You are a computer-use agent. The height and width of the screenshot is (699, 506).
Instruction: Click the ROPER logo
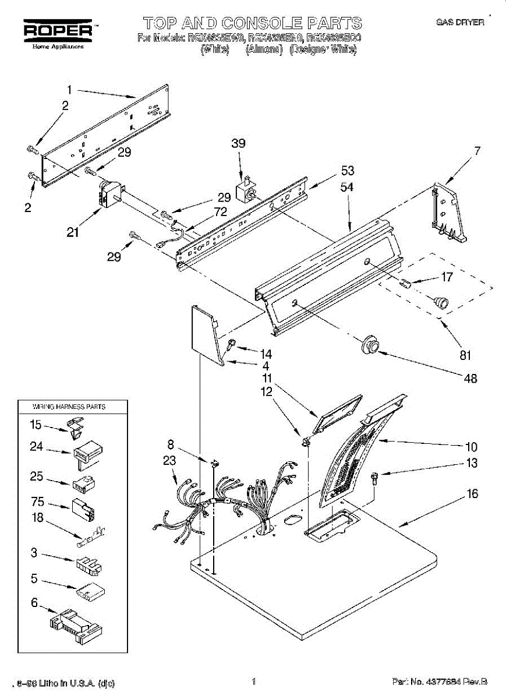coord(57,30)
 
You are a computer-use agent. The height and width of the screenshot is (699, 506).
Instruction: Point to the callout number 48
coord(470,378)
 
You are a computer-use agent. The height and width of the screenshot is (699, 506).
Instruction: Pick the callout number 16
coord(472,494)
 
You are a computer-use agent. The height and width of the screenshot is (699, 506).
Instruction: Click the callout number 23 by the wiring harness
coord(169,461)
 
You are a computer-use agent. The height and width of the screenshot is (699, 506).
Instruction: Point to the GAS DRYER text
coord(460,22)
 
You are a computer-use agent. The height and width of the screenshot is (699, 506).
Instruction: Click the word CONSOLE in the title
coord(262,23)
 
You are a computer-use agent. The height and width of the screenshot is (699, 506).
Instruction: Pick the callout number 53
coord(347,171)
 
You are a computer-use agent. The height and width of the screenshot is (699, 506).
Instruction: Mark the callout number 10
coord(471,447)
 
